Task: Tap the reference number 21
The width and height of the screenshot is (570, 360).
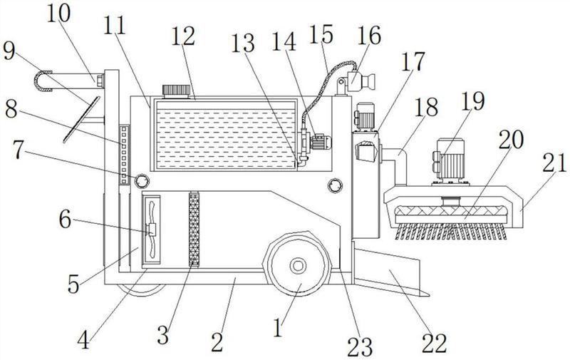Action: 555,163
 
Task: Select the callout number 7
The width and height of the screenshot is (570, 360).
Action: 21,150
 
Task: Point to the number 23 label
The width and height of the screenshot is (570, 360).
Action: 360,346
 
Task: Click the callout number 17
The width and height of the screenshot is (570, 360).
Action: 413,61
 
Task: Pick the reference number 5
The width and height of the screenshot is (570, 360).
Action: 73,284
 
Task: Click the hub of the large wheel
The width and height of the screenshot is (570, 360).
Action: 298,266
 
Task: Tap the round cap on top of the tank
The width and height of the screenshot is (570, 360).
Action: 176,91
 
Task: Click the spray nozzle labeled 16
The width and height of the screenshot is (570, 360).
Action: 360,81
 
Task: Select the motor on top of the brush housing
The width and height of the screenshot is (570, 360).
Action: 450,160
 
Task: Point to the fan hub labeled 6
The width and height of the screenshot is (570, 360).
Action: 151,230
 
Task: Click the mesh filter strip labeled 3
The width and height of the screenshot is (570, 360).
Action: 194,229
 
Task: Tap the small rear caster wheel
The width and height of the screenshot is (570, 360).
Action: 142,290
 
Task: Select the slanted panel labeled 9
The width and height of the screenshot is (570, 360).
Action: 81,119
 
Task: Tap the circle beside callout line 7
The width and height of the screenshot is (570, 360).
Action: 142,181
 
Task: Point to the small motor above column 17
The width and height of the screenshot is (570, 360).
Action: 364,115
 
